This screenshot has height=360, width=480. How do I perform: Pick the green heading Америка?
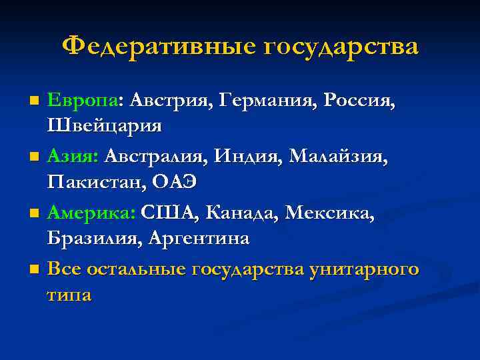click(91, 213)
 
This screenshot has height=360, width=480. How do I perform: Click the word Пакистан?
click(95, 181)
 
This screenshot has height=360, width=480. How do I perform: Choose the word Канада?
click(242, 213)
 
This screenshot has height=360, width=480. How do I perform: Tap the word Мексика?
click(329, 213)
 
